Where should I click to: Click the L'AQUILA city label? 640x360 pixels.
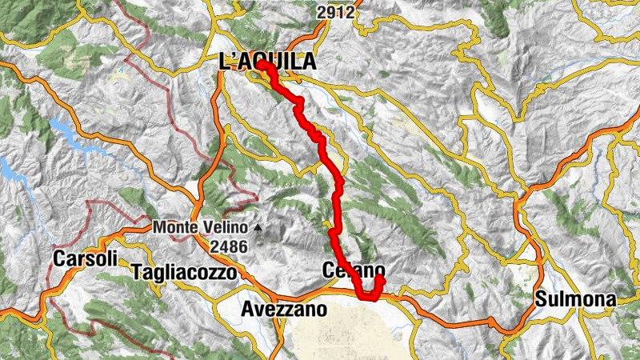[266, 62]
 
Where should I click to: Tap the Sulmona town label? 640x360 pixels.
[576, 300]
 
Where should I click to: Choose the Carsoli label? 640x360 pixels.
[86, 259]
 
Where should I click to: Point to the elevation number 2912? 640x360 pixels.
[334, 12]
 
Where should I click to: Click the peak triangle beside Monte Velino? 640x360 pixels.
[258, 227]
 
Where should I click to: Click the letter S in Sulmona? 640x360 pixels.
[541, 300]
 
